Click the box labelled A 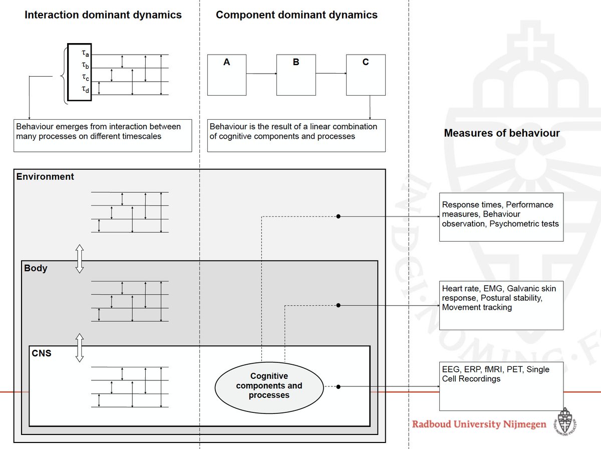click(x=226, y=75)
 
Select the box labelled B click(x=296, y=75)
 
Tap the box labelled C click(x=366, y=75)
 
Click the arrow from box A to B click(x=261, y=74)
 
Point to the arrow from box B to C click(x=331, y=74)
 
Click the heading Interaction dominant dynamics click(x=103, y=15)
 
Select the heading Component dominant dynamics click(x=296, y=15)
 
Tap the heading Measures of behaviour click(x=502, y=133)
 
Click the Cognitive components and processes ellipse click(x=269, y=386)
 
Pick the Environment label click(x=45, y=176)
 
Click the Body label click(x=36, y=268)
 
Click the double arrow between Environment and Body click(x=79, y=259)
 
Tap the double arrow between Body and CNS click(x=79, y=347)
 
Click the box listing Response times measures click(x=501, y=216)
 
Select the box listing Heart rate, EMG click(x=501, y=305)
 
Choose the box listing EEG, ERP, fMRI click(x=501, y=386)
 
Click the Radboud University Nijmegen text click(x=479, y=424)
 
